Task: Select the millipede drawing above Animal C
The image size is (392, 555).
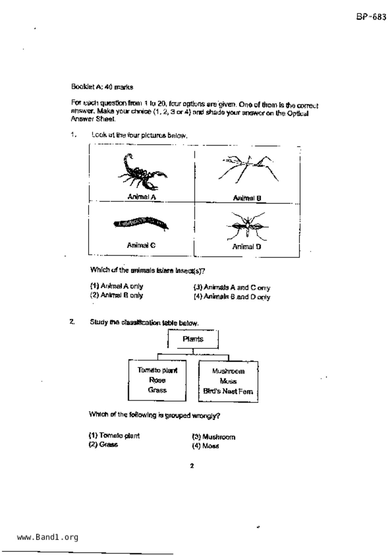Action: pyautogui.click(x=141, y=223)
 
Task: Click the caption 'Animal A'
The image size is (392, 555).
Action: pyautogui.click(x=142, y=197)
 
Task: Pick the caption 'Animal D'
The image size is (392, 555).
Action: pyautogui.click(x=247, y=247)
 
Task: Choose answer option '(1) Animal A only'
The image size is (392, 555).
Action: pyautogui.click(x=116, y=286)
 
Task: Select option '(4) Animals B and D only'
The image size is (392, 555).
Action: pyautogui.click(x=232, y=297)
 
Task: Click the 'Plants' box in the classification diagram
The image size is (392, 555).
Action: pyautogui.click(x=193, y=339)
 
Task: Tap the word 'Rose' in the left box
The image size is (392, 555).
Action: pyautogui.click(x=157, y=380)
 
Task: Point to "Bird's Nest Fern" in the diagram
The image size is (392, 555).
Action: pyautogui.click(x=228, y=391)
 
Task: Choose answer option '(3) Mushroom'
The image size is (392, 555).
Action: pyautogui.click(x=214, y=437)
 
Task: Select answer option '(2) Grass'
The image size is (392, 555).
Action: pyautogui.click(x=103, y=445)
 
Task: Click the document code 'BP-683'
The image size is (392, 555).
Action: pyautogui.click(x=371, y=17)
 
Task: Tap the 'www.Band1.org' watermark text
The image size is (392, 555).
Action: pyautogui.click(x=47, y=537)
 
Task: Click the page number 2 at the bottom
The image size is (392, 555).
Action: pyautogui.click(x=192, y=466)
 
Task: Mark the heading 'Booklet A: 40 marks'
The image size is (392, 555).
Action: pyautogui.click(x=102, y=87)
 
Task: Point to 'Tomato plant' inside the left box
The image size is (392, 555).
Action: pyautogui.click(x=157, y=370)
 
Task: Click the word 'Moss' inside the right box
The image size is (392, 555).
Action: pyautogui.click(x=228, y=381)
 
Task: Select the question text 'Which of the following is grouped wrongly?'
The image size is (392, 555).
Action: pyautogui.click(x=154, y=415)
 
